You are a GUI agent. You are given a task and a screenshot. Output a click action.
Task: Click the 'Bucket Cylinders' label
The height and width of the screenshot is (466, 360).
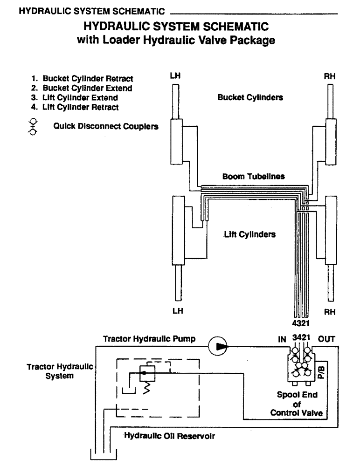coord(250,98)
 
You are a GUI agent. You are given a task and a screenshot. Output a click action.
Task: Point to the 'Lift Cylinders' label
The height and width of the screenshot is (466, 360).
coord(249,235)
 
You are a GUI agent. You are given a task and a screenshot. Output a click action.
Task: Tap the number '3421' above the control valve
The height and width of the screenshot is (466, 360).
coord(301,337)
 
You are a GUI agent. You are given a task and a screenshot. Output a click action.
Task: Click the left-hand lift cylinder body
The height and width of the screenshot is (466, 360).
coord(178,230)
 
